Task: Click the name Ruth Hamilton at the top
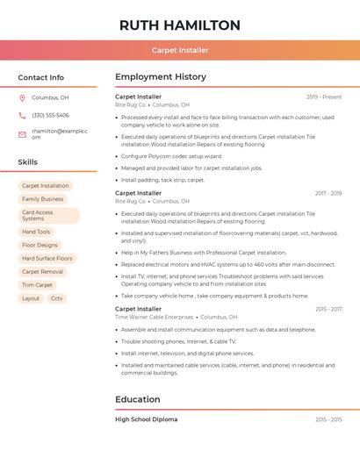[179, 25]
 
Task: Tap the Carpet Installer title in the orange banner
[179, 50]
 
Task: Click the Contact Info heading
[40, 77]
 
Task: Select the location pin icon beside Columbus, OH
[22, 97]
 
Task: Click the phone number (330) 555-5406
[50, 115]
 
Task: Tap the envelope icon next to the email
[22, 134]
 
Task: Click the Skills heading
[28, 162]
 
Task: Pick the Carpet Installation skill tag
[45, 186]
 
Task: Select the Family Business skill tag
[42, 199]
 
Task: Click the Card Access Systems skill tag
[48, 215]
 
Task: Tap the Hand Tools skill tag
[36, 232]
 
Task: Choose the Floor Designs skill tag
[40, 245]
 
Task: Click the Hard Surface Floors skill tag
[47, 258]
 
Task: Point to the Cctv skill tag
[57, 298]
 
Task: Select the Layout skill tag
[31, 298]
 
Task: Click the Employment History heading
[161, 77]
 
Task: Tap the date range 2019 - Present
[323, 97]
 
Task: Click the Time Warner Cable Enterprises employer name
[154, 317]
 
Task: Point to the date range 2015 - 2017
[328, 309]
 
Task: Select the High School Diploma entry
[146, 419]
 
